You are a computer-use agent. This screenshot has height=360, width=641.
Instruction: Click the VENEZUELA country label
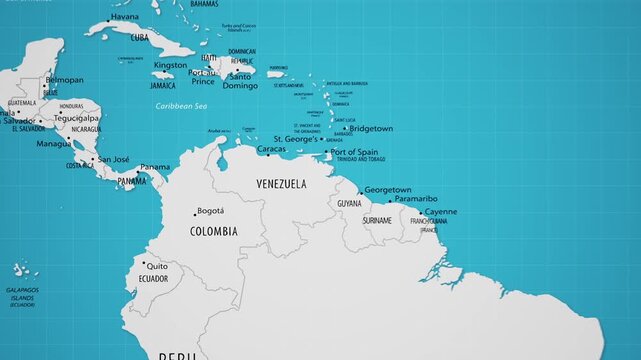[281, 185]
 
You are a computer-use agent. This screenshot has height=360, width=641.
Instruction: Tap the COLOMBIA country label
[214, 231]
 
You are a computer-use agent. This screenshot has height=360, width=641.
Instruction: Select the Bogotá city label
[211, 211]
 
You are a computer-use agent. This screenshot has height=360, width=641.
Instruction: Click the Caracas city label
[271, 149]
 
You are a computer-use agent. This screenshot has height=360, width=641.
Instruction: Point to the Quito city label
[157, 266]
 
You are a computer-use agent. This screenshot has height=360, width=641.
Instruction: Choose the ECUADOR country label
[154, 279]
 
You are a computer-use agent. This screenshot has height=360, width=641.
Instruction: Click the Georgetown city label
[388, 189]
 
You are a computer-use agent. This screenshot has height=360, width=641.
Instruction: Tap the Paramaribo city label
[416, 198]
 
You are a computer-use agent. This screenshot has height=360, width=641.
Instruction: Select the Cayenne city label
[441, 211]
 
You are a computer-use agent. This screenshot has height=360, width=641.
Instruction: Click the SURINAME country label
[377, 220]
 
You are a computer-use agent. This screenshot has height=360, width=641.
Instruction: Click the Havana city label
[125, 17]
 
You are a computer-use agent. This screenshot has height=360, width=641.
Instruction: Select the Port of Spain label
[357, 151]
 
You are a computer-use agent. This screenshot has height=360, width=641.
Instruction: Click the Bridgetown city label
[371, 128]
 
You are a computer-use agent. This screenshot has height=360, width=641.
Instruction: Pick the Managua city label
[54, 143]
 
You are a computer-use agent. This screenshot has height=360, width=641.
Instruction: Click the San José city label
[113, 158]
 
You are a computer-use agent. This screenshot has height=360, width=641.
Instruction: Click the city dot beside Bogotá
[195, 214]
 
